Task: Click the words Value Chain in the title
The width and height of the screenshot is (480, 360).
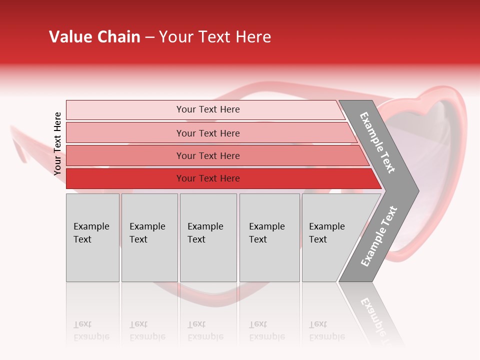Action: [x=94, y=37]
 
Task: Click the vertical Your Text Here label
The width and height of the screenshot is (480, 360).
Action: [x=57, y=143]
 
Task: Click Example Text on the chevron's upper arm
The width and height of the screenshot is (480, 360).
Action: [x=377, y=142]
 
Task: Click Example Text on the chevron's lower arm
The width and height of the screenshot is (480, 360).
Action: [x=379, y=236]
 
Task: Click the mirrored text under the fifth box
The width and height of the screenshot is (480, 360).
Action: [x=326, y=330]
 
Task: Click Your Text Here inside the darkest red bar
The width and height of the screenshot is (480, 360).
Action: [x=208, y=178]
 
